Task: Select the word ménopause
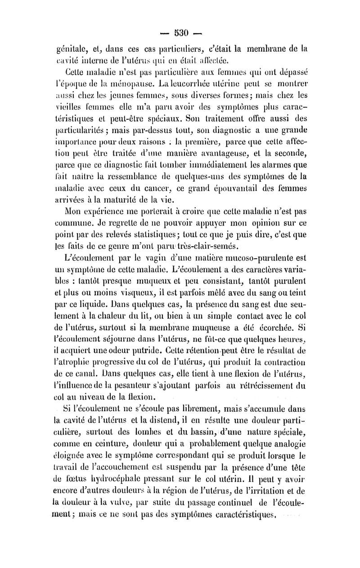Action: (120, 86)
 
